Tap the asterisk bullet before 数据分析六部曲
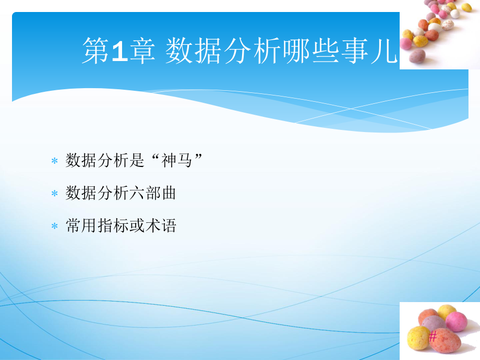(x=54, y=194)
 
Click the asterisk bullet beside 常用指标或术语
(x=54, y=226)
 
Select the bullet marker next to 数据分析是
(x=54, y=162)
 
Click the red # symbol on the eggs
(x=433, y=338)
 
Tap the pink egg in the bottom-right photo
(x=457, y=321)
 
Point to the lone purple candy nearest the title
(x=416, y=56)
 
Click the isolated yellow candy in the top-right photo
(x=466, y=7)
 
